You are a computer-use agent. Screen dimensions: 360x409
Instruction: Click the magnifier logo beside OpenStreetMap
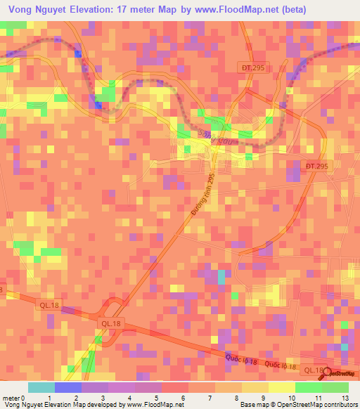click(x=328, y=370)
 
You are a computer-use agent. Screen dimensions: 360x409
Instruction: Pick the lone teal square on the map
click(x=221, y=277)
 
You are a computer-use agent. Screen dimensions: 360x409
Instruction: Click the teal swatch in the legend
click(x=41, y=387)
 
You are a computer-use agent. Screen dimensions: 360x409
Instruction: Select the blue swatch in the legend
click(x=67, y=387)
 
